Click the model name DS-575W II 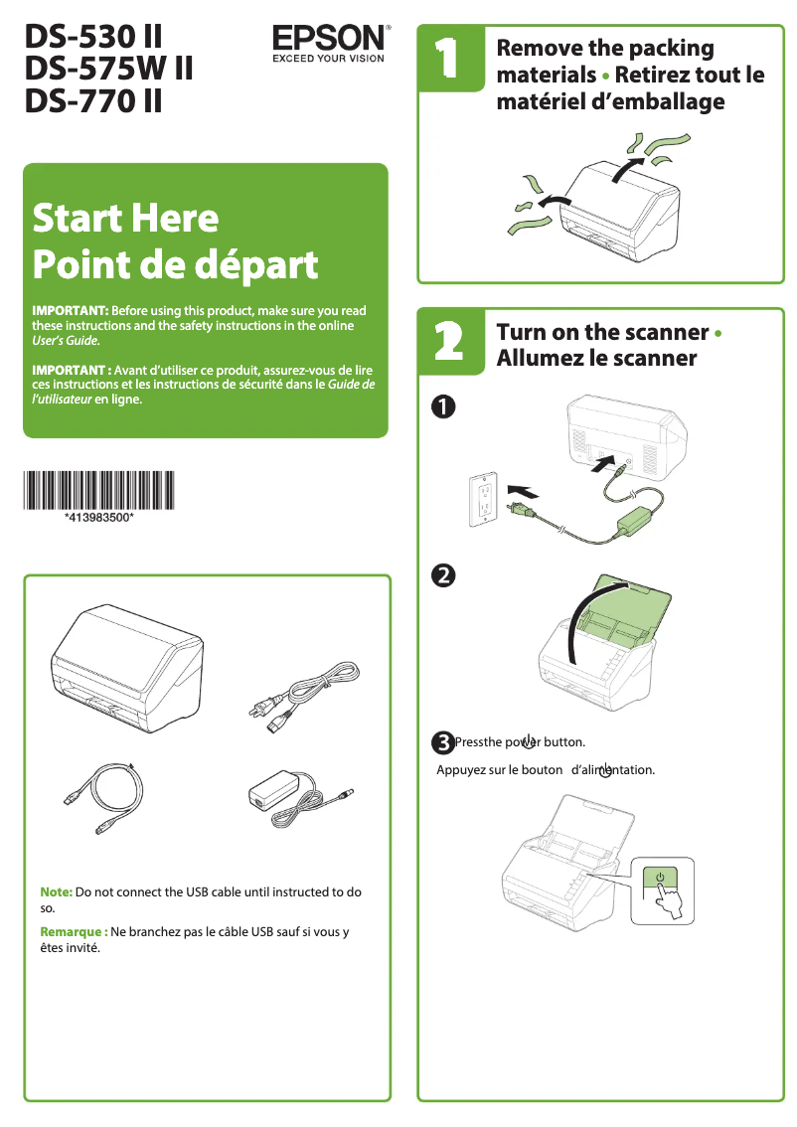(108, 69)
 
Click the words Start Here (125, 217)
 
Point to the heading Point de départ (175, 264)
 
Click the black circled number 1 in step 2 (443, 405)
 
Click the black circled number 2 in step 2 (443, 574)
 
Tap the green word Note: (56, 891)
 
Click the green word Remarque (72, 932)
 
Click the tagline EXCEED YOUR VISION (328, 58)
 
